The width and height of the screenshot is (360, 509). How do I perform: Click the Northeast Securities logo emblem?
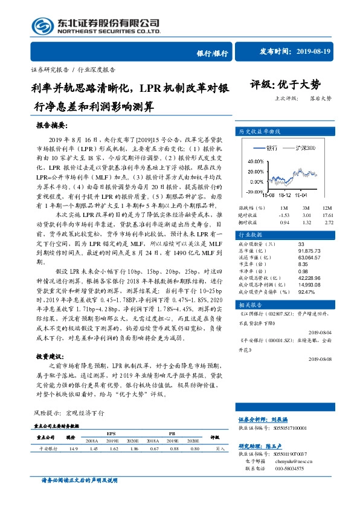(x=39, y=27)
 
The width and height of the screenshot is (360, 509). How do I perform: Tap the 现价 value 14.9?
(x=73, y=449)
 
